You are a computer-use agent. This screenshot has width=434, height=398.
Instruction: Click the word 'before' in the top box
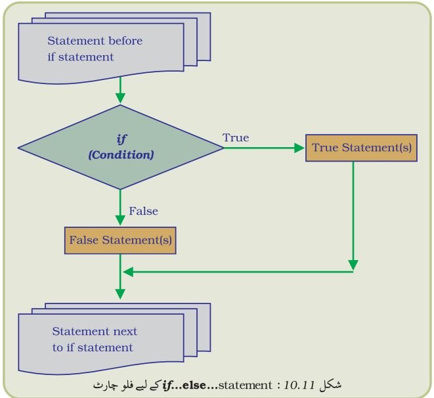125,41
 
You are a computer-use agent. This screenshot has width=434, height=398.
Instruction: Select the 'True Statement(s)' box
361,148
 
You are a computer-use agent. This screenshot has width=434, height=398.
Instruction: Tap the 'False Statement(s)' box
120,240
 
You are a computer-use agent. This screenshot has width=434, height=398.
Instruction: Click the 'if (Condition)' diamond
120,147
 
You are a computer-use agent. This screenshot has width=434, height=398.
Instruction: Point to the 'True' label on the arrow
236,137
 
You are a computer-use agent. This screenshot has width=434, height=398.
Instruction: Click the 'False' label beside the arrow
143,211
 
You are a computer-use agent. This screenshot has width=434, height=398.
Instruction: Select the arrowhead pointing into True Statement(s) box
299,148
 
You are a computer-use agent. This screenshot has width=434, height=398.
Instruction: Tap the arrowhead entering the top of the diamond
120,99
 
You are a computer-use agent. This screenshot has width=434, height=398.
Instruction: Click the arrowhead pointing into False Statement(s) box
120,221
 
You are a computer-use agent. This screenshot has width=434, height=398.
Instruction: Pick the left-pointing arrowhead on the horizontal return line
128,272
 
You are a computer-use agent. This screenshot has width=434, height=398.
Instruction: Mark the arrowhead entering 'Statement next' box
120,294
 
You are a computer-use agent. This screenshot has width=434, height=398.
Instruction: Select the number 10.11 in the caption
299,385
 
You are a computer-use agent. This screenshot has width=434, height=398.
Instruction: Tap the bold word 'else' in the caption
194,385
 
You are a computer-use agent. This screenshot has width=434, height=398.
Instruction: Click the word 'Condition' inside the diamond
121,155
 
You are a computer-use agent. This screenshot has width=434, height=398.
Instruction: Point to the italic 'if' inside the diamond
121,139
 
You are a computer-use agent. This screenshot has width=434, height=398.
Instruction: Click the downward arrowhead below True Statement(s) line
353,265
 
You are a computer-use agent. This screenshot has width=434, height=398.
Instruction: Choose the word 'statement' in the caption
245,386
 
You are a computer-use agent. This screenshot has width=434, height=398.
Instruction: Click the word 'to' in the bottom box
58,347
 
